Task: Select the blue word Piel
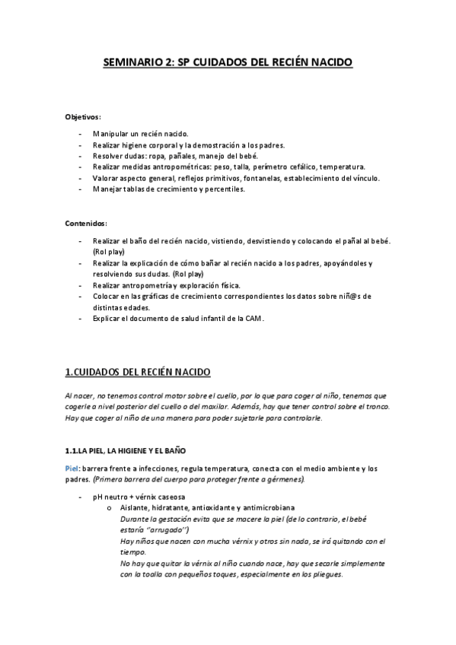[73, 469]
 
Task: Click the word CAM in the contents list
[253, 319]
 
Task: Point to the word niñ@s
[343, 295]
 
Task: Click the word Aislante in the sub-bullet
[136, 507]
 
